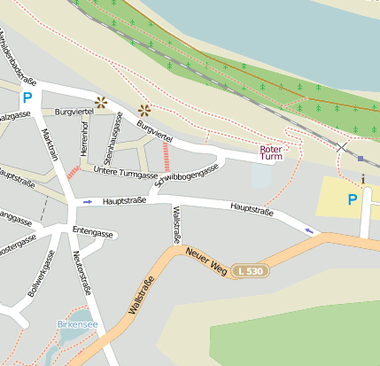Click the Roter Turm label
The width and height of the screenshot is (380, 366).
pyautogui.click(x=271, y=153)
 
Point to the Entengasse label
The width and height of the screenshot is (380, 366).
pyautogui.click(x=93, y=232)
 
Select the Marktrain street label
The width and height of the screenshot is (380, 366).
pyautogui.click(x=50, y=145)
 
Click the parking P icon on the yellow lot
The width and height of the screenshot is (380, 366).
pyautogui.click(x=353, y=199)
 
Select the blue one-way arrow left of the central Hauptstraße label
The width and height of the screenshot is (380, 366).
pyautogui.click(x=87, y=202)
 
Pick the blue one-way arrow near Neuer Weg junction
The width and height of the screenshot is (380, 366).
pyautogui.click(x=309, y=231)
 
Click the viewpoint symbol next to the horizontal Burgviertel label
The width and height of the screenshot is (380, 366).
pyautogui.click(x=101, y=102)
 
